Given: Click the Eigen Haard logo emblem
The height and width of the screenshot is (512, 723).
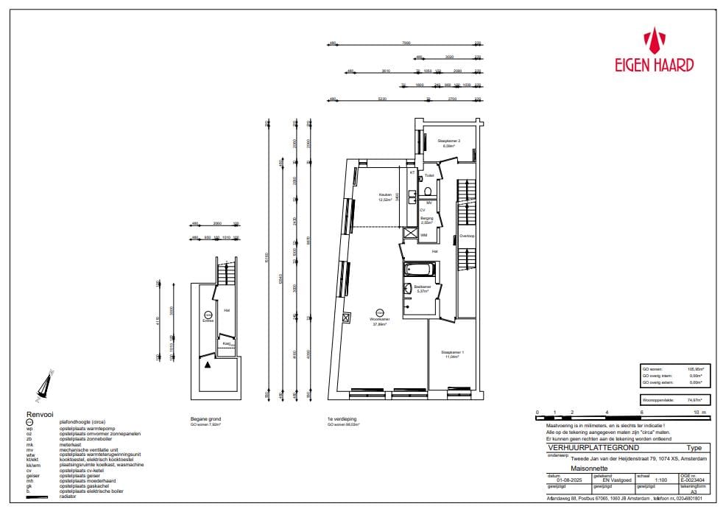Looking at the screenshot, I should [x=654, y=41].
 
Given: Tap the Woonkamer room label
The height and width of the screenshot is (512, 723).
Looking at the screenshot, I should [x=380, y=320].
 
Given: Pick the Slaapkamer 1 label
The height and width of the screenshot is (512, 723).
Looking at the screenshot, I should [x=452, y=353].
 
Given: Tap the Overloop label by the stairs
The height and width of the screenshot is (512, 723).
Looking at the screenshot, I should [x=467, y=236].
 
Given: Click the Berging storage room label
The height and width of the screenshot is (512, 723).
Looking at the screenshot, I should [x=426, y=218].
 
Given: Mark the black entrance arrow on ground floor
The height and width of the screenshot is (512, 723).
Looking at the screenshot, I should [x=209, y=365].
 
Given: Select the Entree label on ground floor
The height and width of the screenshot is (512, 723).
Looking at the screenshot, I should [x=208, y=320].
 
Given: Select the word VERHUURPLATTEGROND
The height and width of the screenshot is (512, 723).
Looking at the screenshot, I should [x=583, y=448].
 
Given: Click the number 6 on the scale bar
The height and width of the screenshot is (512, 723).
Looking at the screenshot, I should [x=642, y=413].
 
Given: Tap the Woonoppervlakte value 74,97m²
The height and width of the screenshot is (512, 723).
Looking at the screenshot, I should [x=694, y=400].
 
